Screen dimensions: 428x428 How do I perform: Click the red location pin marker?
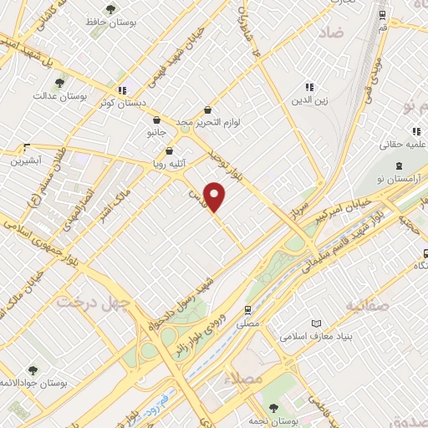pos(216,196)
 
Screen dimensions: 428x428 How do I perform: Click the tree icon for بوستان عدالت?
pos(59,83)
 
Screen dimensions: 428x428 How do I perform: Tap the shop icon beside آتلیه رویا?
pos(171,152)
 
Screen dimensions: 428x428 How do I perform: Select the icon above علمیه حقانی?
pos(415,131)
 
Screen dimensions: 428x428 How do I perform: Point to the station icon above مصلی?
pos(247,308)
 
